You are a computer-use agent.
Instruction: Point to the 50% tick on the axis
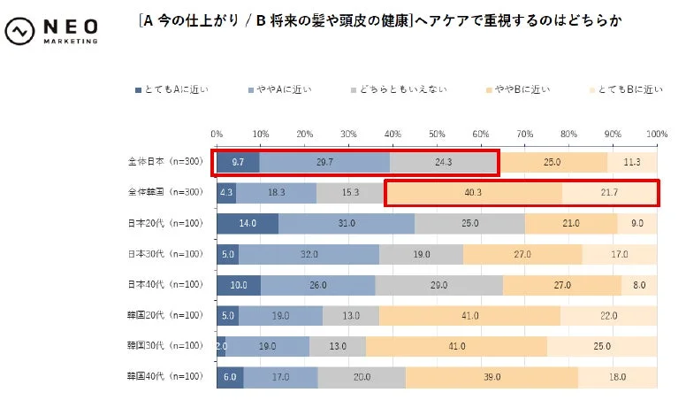(436, 133)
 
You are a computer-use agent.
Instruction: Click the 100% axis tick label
(655, 133)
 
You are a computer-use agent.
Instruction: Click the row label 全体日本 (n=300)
(164, 162)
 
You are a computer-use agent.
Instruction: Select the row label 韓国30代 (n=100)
(164, 346)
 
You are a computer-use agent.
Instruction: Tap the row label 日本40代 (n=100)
(164, 284)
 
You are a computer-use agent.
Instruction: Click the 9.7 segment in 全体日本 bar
(238, 162)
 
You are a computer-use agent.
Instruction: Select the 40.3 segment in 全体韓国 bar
(474, 193)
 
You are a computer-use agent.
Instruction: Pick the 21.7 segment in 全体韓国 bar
(609, 193)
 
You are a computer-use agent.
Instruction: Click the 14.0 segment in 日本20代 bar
(247, 224)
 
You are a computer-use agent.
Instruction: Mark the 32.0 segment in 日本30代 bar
(309, 254)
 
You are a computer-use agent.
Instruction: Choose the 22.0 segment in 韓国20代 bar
(608, 316)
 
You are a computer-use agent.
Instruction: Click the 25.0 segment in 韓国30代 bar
(602, 346)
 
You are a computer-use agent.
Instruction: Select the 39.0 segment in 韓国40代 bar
(492, 377)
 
